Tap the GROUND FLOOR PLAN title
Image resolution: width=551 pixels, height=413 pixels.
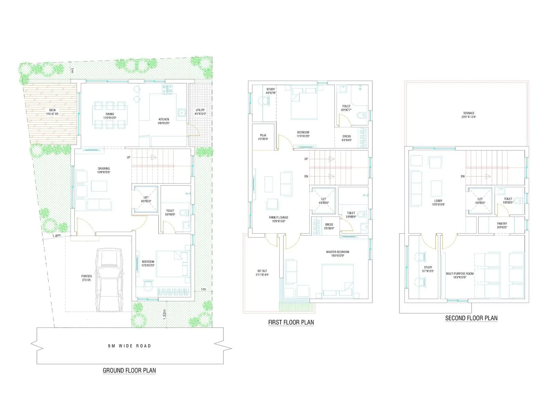pyautogui.click(x=129, y=370)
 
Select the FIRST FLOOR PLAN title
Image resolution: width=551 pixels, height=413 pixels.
pyautogui.click(x=291, y=322)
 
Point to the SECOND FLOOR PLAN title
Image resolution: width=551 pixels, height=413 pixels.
pyautogui.click(x=471, y=318)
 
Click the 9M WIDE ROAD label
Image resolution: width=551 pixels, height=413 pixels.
pyautogui.click(x=129, y=346)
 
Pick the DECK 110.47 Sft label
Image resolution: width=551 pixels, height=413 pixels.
pyautogui.click(x=52, y=112)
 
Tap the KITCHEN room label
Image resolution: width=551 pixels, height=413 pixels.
pyautogui.click(x=164, y=121)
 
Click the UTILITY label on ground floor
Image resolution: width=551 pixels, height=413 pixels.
pyautogui.click(x=200, y=112)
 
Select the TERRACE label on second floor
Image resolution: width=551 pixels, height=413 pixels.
pyautogui.click(x=469, y=115)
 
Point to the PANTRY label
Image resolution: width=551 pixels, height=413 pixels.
pyautogui.click(x=502, y=225)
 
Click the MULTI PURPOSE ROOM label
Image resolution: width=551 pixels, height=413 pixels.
pyautogui.click(x=460, y=275)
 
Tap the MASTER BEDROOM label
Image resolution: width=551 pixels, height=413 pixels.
pyautogui.click(x=337, y=254)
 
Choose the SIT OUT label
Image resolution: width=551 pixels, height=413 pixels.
pyautogui.click(x=262, y=273)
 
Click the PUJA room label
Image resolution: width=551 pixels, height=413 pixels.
pyautogui.click(x=263, y=137)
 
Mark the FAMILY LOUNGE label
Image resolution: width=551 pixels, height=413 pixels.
pyautogui.click(x=279, y=219)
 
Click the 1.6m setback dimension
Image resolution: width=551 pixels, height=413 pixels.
pyautogui.click(x=56, y=236)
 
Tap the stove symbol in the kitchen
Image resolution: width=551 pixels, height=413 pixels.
pyautogui.click(x=167, y=89)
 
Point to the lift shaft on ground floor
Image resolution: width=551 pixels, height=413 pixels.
pyautogui.click(x=146, y=200)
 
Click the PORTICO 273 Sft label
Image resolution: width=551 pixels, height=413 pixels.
pyautogui.click(x=86, y=278)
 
